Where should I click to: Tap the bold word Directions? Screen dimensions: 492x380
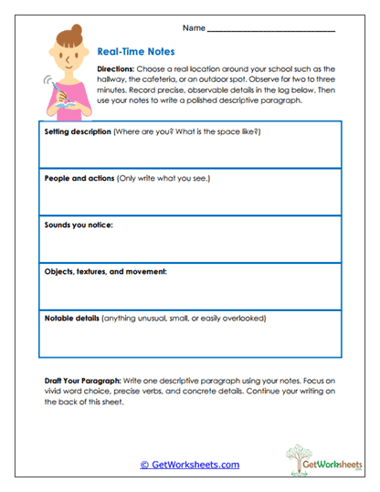click(x=114, y=68)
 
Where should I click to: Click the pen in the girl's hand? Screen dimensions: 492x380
click(x=58, y=94)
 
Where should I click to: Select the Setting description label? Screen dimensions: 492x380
click(x=77, y=131)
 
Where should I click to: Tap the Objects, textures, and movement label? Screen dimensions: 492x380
click(x=105, y=271)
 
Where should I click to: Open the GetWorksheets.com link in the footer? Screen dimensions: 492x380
click(x=189, y=465)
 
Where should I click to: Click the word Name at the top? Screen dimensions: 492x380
click(x=194, y=28)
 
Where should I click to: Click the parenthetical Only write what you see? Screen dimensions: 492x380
click(x=164, y=178)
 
